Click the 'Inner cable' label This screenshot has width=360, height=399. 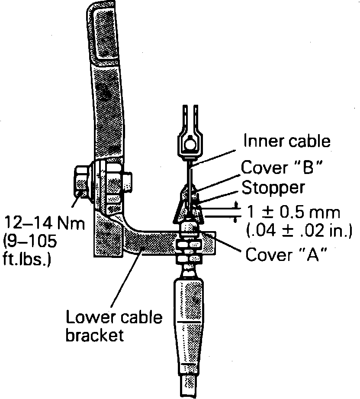287,141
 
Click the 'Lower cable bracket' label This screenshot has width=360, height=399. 114,326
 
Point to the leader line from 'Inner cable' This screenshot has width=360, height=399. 216,154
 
